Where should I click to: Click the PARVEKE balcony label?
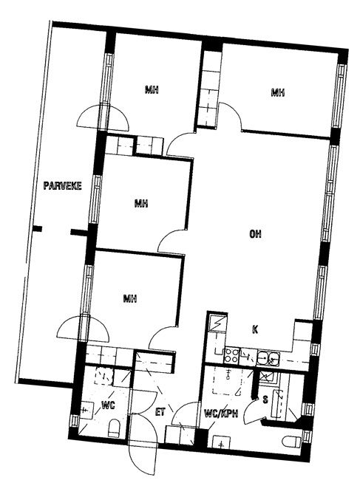pos(63,186)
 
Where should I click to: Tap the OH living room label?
pos(255,234)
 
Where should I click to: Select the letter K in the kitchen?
pos(255,329)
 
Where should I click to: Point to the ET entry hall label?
pos(160,412)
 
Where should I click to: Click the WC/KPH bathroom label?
pos(221,414)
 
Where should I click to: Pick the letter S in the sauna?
pos(265,400)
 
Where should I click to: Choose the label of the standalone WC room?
pos(108,405)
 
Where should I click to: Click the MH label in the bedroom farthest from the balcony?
pos(278,92)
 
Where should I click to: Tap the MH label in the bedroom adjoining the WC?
pos(130,298)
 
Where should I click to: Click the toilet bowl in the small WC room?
pos(114,428)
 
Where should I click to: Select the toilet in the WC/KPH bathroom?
pos(292,442)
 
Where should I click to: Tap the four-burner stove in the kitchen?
pos(231,356)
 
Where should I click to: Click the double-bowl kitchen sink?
pos(268,358)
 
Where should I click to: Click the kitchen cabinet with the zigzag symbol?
pos(217,322)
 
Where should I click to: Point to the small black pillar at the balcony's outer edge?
pos(37,229)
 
